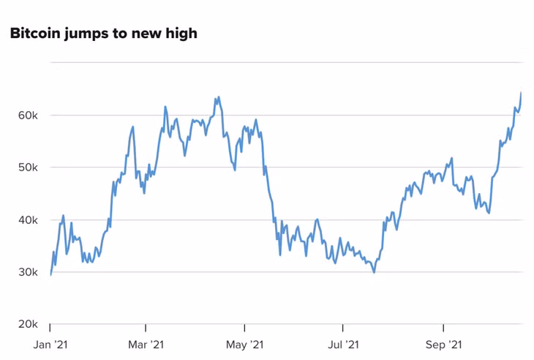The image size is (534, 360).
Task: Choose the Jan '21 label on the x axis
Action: click(x=50, y=344)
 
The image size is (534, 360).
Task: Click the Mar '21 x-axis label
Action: click(x=146, y=344)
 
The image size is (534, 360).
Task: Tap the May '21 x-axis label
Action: click(x=244, y=344)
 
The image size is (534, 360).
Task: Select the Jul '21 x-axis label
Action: click(x=343, y=344)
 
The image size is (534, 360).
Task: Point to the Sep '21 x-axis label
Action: click(x=443, y=344)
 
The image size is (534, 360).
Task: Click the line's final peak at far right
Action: click(x=521, y=93)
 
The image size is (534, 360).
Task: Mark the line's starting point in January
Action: click(x=50, y=274)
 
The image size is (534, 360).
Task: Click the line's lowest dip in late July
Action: click(x=374, y=272)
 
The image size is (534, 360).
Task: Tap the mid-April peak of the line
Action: click(x=218, y=97)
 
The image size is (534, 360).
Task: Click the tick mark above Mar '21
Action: click(x=146, y=328)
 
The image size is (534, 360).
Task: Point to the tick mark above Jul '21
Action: click(x=343, y=328)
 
